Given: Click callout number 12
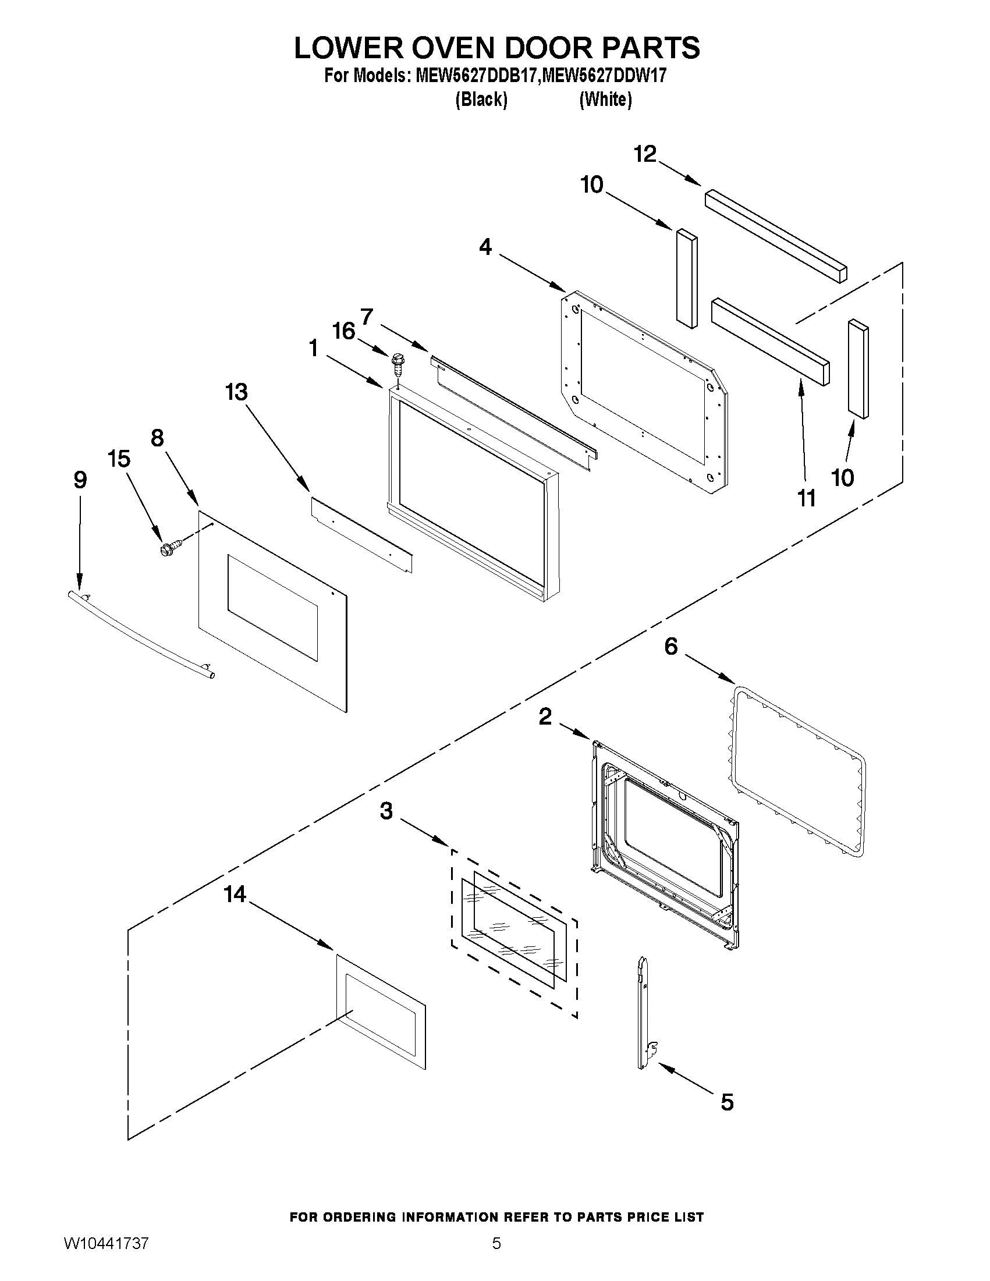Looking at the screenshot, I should click(644, 154).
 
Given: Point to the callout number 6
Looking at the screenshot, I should click(670, 647).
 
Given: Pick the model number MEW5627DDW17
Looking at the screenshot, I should click(605, 76).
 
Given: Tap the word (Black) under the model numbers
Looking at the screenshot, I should click(481, 100).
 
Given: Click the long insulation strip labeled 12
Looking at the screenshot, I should click(776, 235).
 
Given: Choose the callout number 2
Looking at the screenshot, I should click(545, 716).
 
